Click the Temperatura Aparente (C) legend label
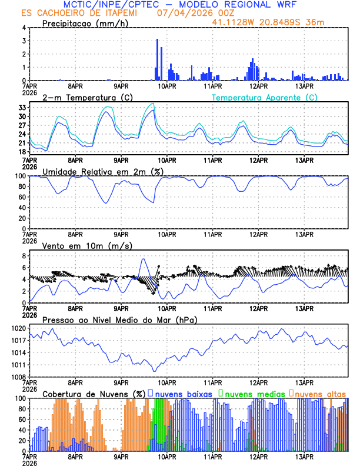tap(265, 97)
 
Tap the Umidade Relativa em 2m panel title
tap(103, 171)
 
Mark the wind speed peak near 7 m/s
tap(143, 259)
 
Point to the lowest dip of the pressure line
tap(155, 371)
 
